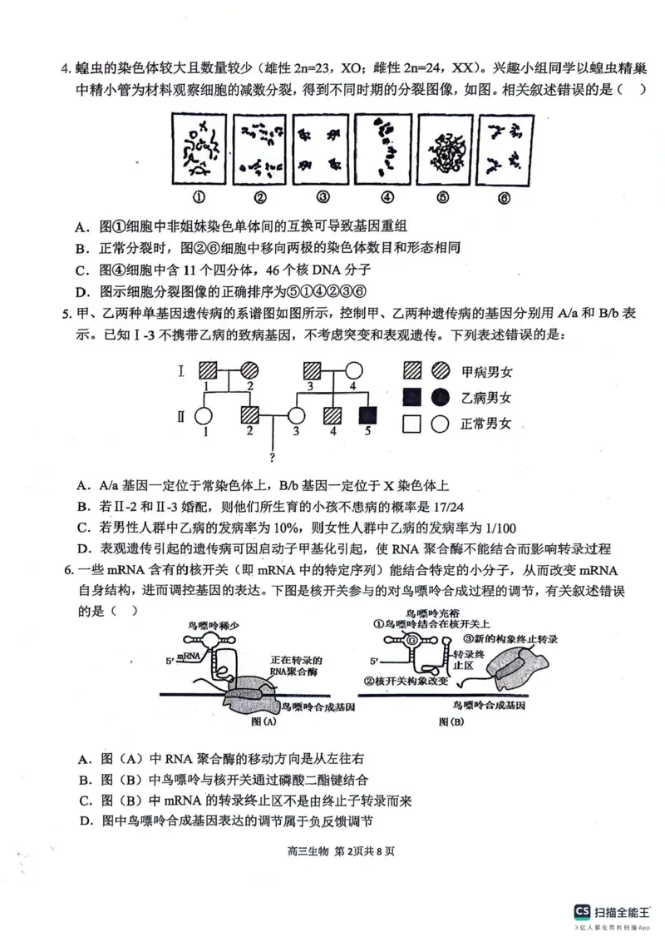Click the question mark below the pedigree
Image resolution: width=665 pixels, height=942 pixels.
(x=273, y=458)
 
